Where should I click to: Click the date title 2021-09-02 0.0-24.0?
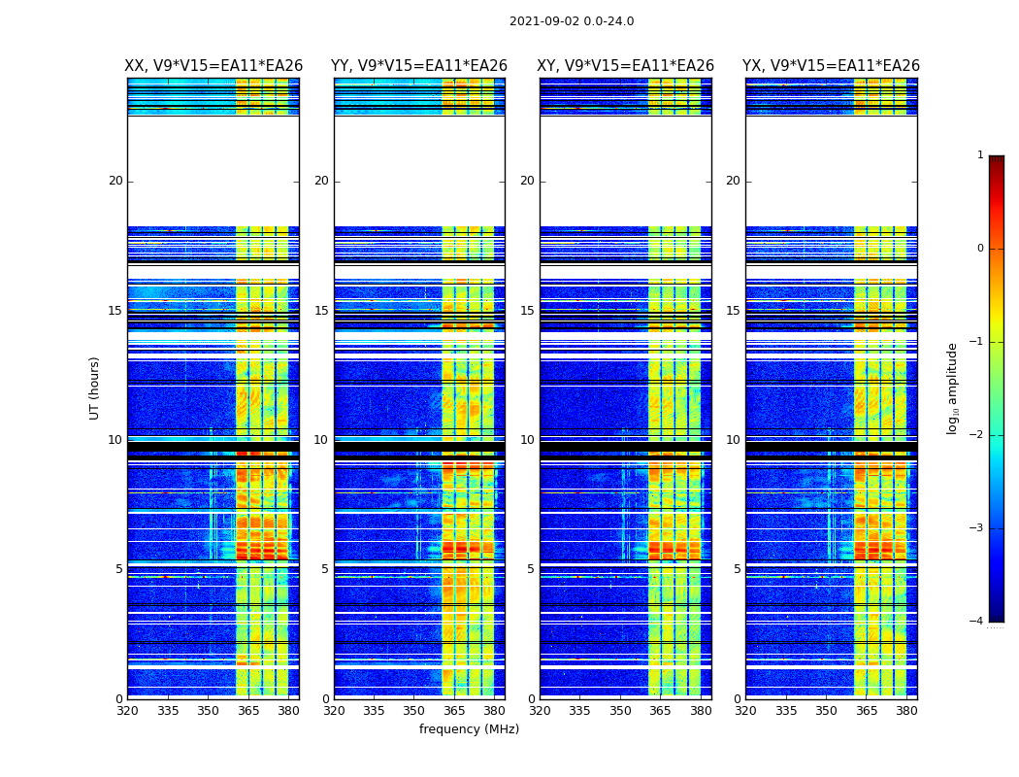[x=572, y=21]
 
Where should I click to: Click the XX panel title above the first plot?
[x=214, y=66]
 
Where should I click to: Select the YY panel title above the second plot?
[x=419, y=66]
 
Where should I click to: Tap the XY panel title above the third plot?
[x=626, y=66]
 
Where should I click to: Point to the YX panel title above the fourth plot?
[x=831, y=66]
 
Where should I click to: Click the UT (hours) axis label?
[x=95, y=388]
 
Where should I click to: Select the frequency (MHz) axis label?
[x=469, y=729]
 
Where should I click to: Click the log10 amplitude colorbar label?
[x=953, y=388]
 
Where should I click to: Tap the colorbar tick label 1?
[x=980, y=155]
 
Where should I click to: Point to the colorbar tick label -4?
[x=977, y=622]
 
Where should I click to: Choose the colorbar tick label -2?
[x=977, y=435]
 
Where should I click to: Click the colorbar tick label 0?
[x=980, y=249]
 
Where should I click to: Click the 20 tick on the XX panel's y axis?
[x=115, y=181]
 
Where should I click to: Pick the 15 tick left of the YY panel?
[x=321, y=311]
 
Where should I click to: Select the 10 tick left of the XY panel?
[x=527, y=440]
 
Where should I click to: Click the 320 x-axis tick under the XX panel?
[x=127, y=711]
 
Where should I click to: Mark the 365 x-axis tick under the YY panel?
[x=454, y=711]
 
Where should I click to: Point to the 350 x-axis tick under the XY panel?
[x=620, y=711]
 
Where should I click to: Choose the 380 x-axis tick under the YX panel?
[x=906, y=711]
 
